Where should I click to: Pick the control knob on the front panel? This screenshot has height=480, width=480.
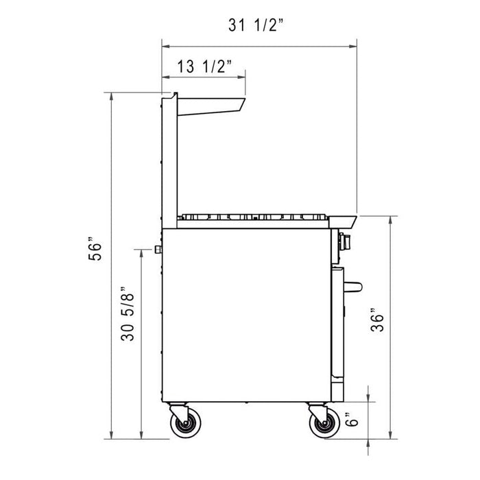tap(345, 241)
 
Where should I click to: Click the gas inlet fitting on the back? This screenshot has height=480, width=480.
tap(158, 248)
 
